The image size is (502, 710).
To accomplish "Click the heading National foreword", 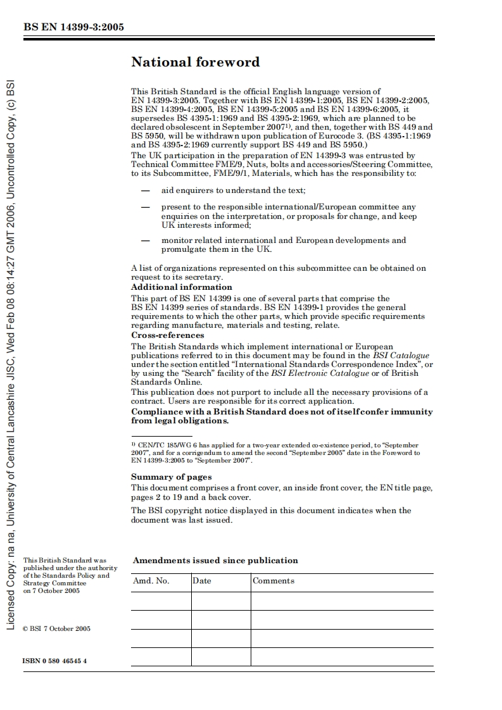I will pyautogui.click(x=195, y=62).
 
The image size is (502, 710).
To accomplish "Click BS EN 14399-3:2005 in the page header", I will pyautogui.click(x=73, y=27).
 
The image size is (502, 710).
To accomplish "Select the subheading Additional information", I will pyautogui.click(x=173, y=287).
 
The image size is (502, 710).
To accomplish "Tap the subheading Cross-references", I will pyautogui.click(x=168, y=335).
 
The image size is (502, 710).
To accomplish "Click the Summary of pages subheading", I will pyautogui.click(x=172, y=477).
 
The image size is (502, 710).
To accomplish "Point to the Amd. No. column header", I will pyautogui.click(x=151, y=581).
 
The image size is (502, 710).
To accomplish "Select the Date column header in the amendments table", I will pyautogui.click(x=202, y=581).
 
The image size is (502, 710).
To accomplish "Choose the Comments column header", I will pyautogui.click(x=273, y=581).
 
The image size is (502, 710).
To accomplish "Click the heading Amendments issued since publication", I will pyautogui.click(x=215, y=560).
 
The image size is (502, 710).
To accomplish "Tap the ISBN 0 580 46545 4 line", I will pyautogui.click(x=54, y=661).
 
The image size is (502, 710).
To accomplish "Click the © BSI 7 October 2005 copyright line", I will pyautogui.click(x=56, y=628).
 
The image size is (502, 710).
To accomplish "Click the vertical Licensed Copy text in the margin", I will pyautogui.click(x=10, y=354).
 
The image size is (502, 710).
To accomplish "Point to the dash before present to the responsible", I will pyautogui.click(x=146, y=207).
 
